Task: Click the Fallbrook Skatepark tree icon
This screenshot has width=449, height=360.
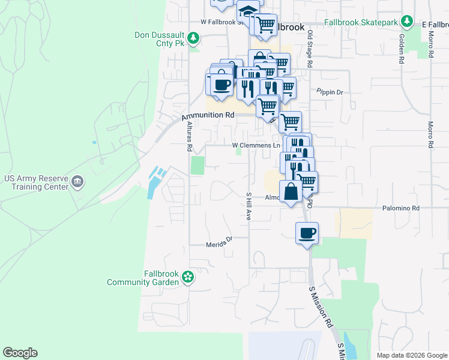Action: tap(408, 22)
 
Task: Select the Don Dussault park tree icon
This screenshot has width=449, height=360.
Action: tap(193, 39)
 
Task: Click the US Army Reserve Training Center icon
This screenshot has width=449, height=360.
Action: tap(77, 181)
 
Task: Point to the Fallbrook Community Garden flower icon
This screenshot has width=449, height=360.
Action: tap(188, 277)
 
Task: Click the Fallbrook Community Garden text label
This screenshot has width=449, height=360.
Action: tap(143, 277)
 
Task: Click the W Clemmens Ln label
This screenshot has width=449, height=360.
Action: tap(256, 145)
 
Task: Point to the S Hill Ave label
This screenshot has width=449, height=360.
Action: tap(248, 206)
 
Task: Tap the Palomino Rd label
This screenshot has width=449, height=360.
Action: tap(401, 208)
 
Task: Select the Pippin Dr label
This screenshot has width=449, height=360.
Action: tap(330, 92)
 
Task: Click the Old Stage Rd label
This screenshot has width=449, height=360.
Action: tap(310, 49)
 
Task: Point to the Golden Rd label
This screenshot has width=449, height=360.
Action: tap(401, 49)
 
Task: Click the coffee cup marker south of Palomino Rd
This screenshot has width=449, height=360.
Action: tap(307, 233)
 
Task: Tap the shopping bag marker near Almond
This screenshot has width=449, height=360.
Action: tap(291, 193)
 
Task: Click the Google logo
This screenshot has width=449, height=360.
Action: tap(20, 353)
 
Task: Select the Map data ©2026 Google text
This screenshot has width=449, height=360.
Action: tap(411, 355)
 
